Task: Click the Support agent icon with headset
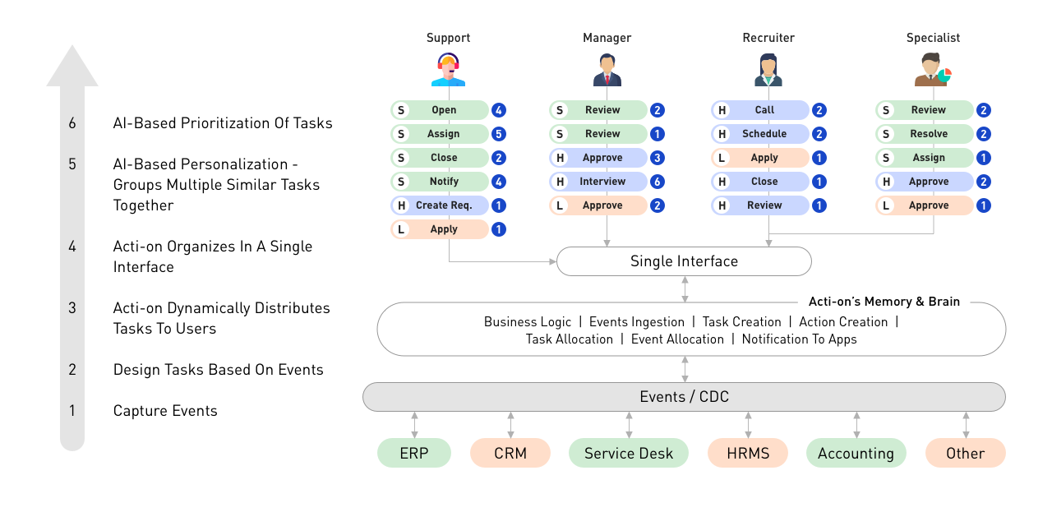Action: (x=449, y=70)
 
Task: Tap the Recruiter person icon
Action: (x=768, y=70)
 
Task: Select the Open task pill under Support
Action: (x=440, y=110)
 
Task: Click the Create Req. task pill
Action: (x=440, y=205)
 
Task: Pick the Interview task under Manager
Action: (x=598, y=182)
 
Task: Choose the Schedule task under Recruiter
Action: (x=760, y=134)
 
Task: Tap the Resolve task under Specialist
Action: (x=925, y=134)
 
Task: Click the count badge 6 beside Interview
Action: (x=657, y=182)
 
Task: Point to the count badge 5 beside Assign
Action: (x=499, y=134)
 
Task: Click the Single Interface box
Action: (x=684, y=261)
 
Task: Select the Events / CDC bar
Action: (x=684, y=397)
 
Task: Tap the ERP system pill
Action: (x=413, y=453)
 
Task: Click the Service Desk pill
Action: (x=629, y=453)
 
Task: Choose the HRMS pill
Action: (x=748, y=453)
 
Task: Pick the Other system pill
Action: (x=965, y=453)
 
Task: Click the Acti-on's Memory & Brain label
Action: (x=884, y=302)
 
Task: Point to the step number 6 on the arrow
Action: (x=72, y=123)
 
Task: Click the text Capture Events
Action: (x=165, y=411)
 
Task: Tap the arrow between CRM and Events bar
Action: (x=510, y=425)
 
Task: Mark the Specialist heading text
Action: (x=933, y=38)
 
